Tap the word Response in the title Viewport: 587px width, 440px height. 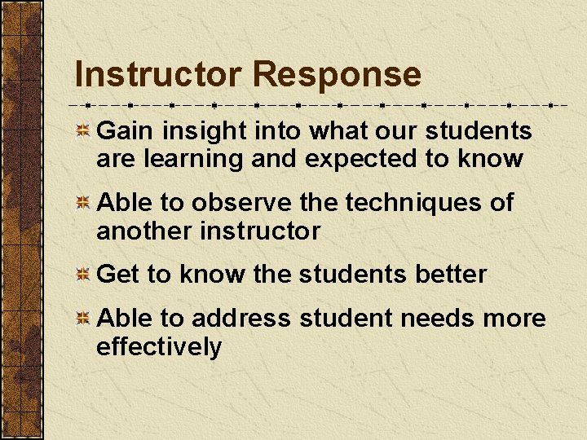tap(337, 75)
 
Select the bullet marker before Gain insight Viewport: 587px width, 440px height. tap(82, 132)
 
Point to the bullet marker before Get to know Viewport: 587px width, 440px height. tap(82, 275)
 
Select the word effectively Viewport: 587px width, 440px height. tap(159, 346)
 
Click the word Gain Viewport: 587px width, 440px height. tap(126, 130)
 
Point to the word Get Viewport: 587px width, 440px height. tap(118, 274)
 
